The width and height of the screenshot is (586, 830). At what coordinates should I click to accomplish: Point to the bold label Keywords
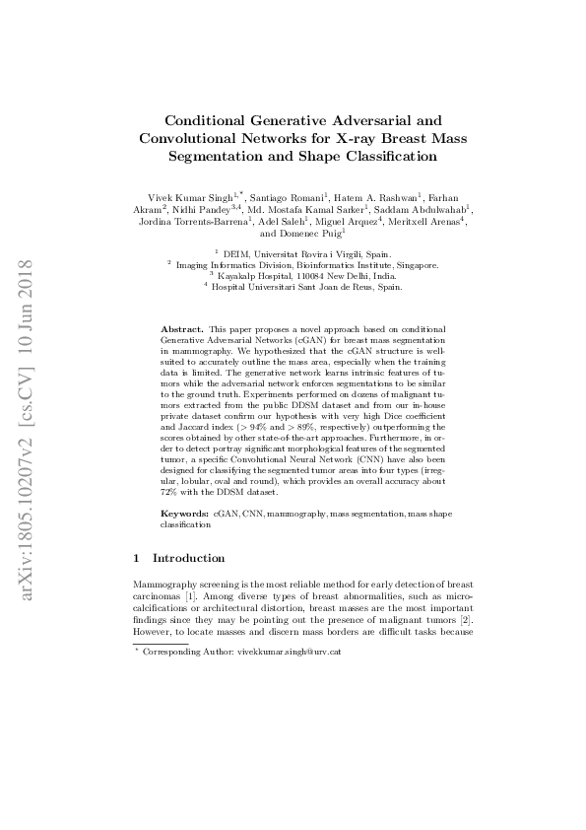point(185,515)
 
